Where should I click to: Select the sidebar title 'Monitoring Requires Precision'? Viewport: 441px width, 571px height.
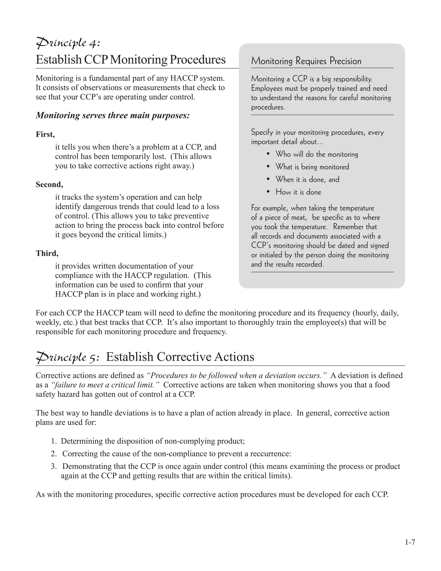coord(306,61)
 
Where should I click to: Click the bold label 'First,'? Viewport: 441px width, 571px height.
coord(45,134)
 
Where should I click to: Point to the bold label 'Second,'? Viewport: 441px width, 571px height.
coord(49,185)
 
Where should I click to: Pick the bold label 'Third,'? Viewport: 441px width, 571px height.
coord(47,253)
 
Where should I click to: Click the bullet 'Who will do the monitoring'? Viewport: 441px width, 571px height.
coord(317,154)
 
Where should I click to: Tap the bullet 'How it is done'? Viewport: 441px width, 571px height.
coord(298,192)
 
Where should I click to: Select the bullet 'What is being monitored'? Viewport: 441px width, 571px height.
coord(312,167)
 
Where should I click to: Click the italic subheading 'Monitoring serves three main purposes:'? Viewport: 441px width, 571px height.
coord(113,115)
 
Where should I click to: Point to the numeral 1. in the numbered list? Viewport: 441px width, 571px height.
coord(54,441)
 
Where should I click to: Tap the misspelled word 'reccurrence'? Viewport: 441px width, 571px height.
coord(270,454)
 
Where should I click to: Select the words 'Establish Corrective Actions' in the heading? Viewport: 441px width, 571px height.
coord(180,357)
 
